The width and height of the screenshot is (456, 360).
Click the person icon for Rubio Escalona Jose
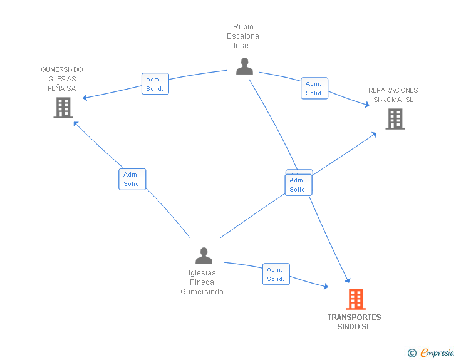point(244,66)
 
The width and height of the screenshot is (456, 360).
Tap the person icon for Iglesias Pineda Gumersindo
point(204,255)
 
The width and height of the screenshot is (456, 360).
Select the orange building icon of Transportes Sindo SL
point(356,299)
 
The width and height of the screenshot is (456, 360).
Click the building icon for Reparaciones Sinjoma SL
point(395,118)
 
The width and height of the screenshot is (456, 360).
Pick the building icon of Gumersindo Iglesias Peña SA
point(63,108)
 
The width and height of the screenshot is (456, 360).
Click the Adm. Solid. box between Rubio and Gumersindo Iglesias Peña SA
point(155,84)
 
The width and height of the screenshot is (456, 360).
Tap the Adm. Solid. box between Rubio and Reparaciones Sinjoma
point(314,88)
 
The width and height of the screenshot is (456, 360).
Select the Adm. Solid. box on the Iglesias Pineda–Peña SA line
point(132,179)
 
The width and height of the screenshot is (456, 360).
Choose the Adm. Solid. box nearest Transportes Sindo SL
point(276,274)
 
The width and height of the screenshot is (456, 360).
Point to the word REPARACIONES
point(393,90)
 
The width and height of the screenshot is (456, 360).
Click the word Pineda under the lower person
point(202,282)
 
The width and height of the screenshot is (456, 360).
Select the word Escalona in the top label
point(243,36)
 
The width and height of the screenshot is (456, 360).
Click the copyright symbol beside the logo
point(412,353)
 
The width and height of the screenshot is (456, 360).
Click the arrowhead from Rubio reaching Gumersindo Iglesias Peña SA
point(86,98)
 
